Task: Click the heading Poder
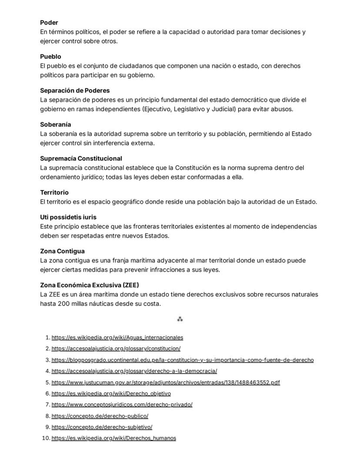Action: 49,23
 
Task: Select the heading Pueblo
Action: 50,57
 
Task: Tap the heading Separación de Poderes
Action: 75,91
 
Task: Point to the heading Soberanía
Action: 55,124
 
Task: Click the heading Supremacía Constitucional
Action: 81,158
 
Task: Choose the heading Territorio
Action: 54,192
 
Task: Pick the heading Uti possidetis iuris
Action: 68,217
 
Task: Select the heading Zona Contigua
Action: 62,251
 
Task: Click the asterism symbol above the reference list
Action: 180,319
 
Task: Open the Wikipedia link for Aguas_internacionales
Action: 117,337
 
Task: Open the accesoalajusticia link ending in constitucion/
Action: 116,349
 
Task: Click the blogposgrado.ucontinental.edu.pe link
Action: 183,360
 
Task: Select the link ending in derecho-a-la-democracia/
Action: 134,371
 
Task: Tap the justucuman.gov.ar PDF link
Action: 166,382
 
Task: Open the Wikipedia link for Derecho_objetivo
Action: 111,393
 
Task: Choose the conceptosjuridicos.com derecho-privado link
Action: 122,405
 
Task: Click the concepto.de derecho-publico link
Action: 100,416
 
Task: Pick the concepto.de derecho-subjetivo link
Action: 102,427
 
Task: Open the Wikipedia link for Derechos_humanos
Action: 114,438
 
